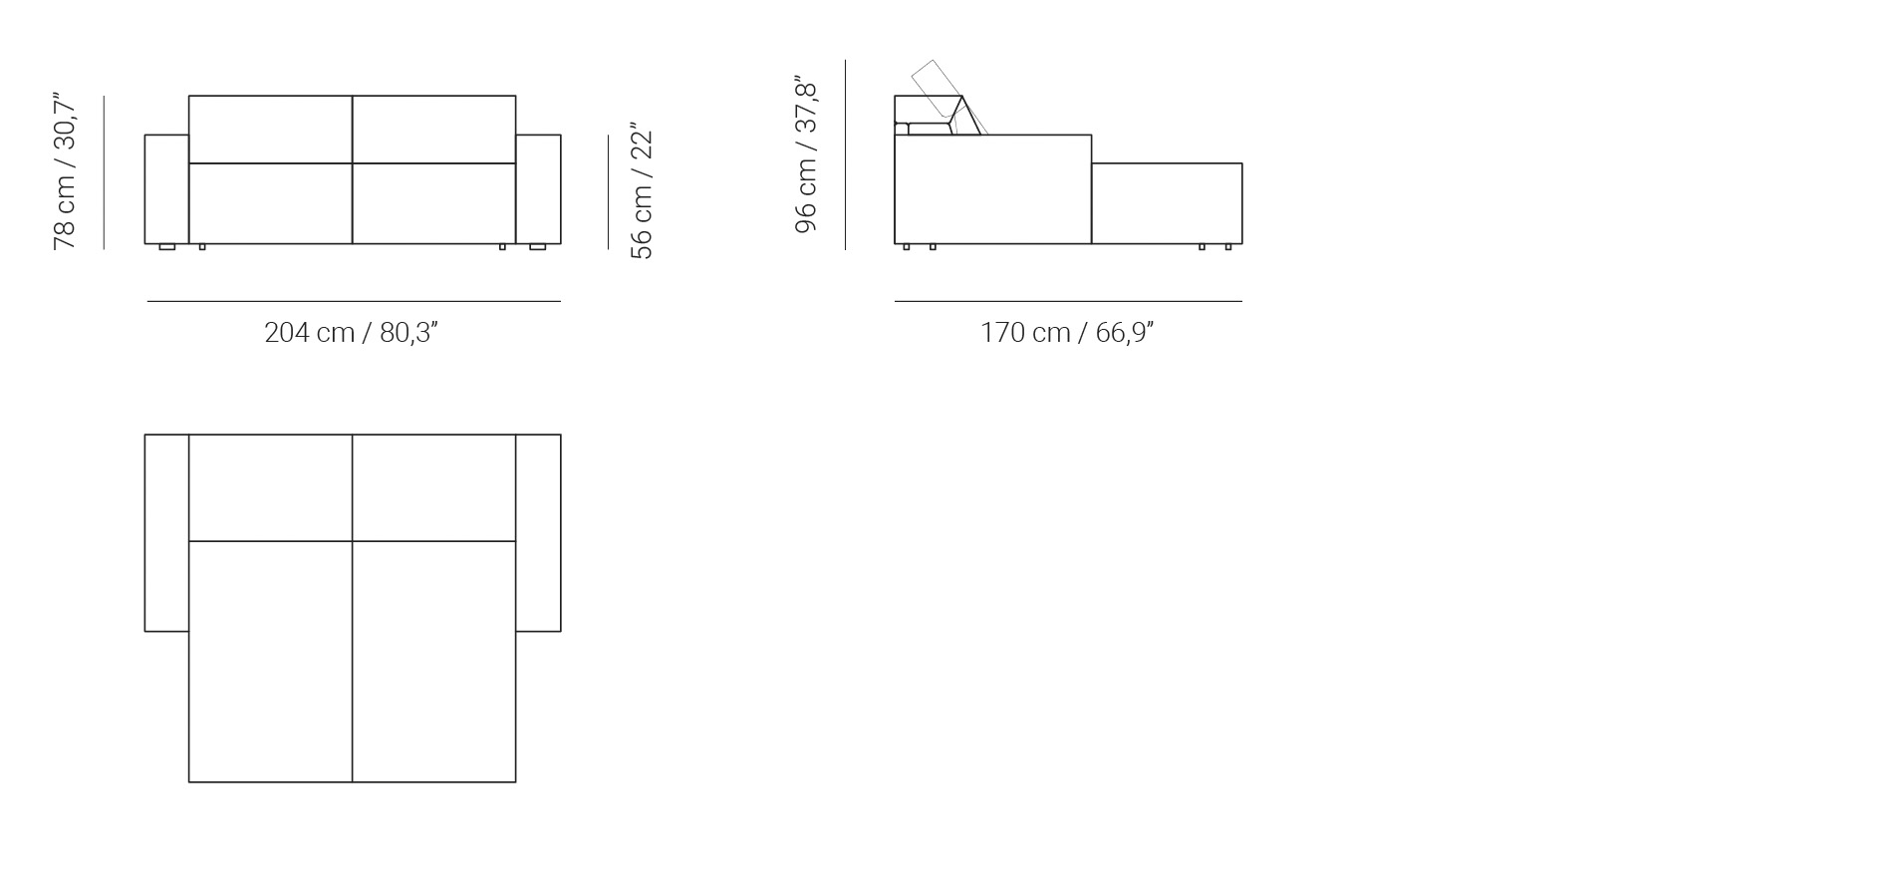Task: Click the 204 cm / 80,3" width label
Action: point(351,332)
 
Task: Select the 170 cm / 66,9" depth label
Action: point(1067,332)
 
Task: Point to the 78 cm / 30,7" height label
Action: point(64,171)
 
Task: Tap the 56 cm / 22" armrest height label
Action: point(642,195)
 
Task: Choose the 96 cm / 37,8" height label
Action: point(806,154)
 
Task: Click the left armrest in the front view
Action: point(166,189)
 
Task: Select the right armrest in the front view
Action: point(538,189)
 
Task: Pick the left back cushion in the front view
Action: point(270,129)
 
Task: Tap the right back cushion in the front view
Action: point(434,129)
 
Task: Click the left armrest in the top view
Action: point(166,532)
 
